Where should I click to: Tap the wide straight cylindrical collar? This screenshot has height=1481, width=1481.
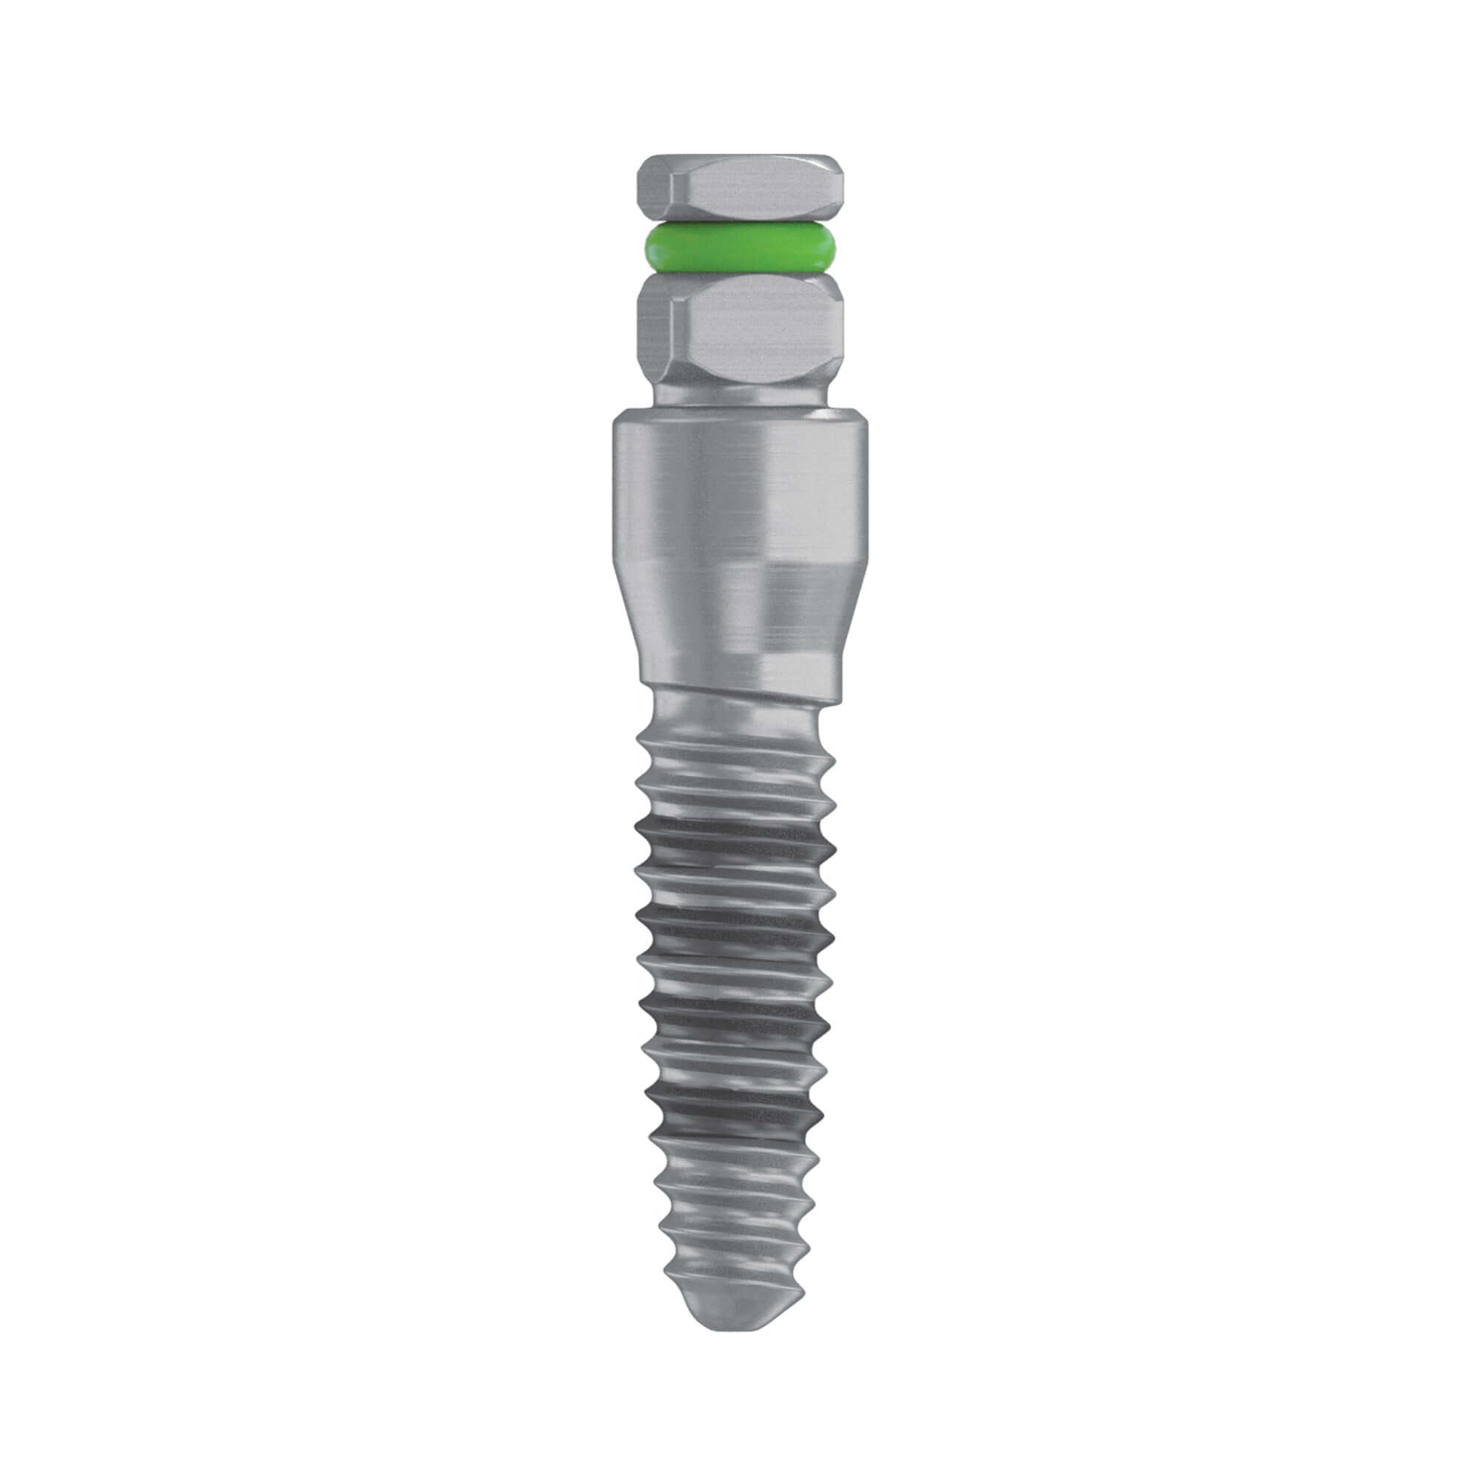point(740,491)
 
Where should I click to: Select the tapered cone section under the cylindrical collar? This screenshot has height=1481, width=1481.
point(740,613)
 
